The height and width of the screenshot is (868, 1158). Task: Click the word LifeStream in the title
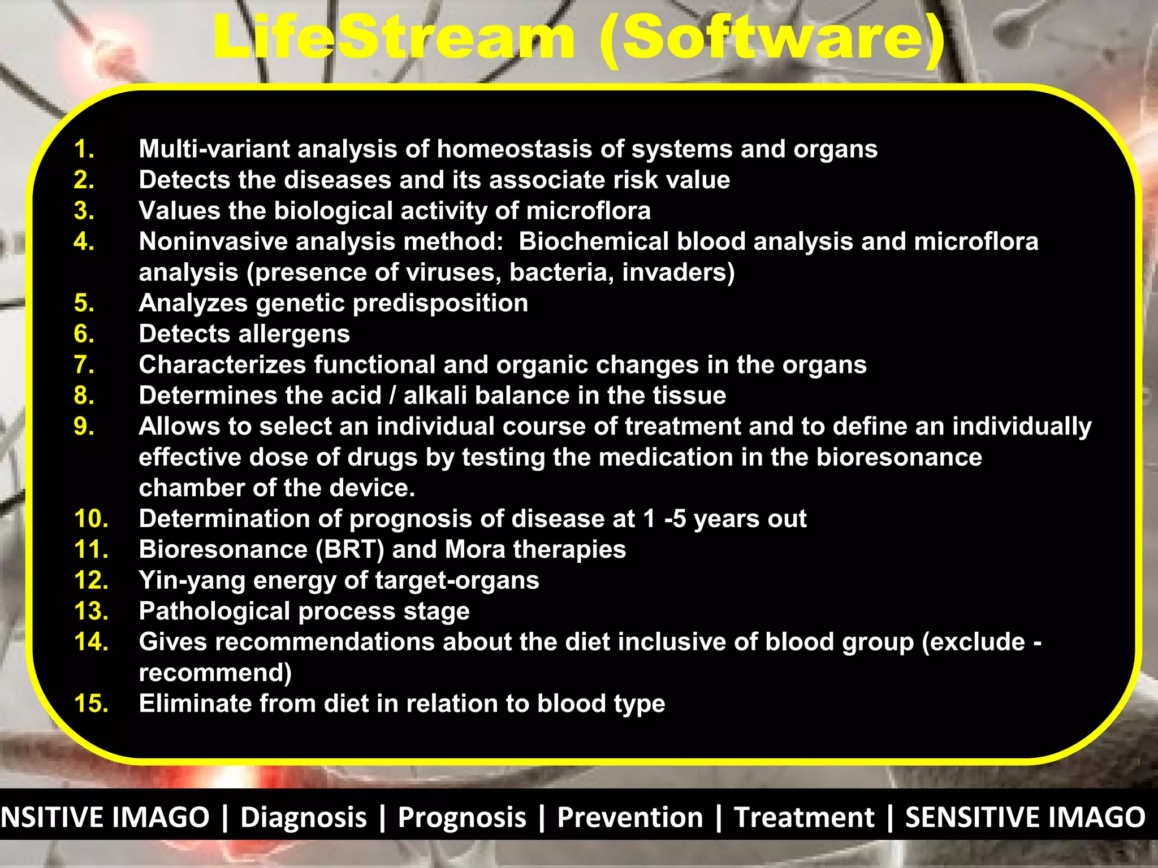[393, 38]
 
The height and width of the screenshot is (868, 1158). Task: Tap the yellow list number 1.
[84, 149]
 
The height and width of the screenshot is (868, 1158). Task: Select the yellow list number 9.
[84, 427]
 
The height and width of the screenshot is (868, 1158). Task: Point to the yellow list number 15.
[91, 704]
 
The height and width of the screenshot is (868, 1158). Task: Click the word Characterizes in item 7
[222, 365]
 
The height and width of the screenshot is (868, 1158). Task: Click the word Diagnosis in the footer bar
[304, 818]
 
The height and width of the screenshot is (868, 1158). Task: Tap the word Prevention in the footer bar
[630, 818]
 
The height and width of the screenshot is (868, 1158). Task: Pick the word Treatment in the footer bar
[803, 818]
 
